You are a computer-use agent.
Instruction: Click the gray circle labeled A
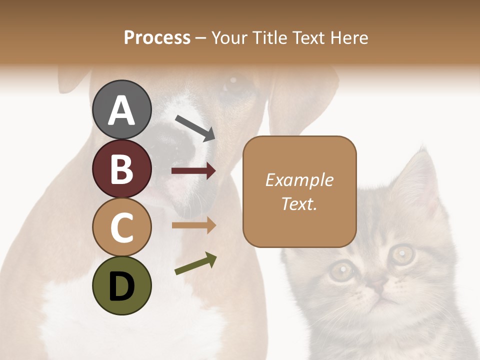click(x=121, y=109)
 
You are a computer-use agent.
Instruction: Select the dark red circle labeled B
click(x=121, y=168)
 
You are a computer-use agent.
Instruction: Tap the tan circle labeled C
click(x=121, y=227)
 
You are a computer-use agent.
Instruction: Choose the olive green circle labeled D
click(x=121, y=286)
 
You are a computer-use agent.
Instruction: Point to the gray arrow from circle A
click(x=195, y=128)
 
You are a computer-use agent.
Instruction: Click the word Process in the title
click(x=157, y=37)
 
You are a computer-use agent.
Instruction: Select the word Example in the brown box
click(x=299, y=180)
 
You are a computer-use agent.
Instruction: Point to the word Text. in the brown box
click(x=299, y=203)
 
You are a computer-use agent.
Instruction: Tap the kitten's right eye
click(x=402, y=254)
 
